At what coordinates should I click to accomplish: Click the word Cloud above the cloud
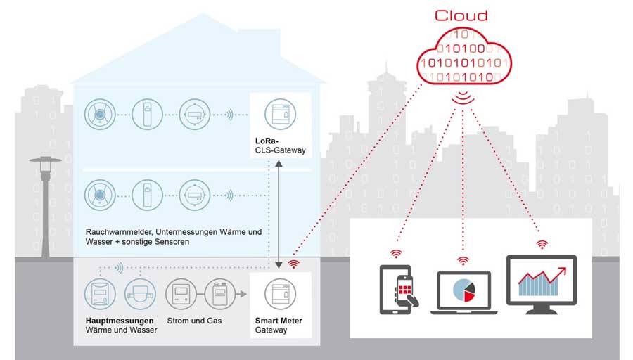pos(461,15)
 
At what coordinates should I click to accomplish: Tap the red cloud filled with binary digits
pos(464,56)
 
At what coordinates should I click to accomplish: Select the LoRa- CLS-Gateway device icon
pos(280,114)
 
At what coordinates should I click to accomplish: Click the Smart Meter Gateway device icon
pos(280,294)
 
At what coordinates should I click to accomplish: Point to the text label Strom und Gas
pos(194,321)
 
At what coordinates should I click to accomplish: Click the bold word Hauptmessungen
pos(120,321)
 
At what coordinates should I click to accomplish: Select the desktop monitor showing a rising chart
pos(542,284)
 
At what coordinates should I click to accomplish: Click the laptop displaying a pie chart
pos(464,292)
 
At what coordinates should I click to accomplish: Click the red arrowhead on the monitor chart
pos(562,271)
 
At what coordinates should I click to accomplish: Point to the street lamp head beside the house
pos(45,160)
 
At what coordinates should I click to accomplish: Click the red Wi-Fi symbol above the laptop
pos(463,261)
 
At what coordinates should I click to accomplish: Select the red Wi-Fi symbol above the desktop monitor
pos(542,244)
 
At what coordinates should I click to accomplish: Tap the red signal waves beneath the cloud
pos(463,97)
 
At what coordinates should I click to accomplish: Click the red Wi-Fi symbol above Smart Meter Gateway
pos(293,264)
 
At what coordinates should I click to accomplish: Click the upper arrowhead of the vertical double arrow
pos(279,164)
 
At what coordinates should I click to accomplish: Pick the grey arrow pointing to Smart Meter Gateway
pos(241,294)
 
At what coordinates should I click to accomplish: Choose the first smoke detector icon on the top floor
pos(100,114)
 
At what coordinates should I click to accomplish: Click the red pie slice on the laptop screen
pos(469,297)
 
